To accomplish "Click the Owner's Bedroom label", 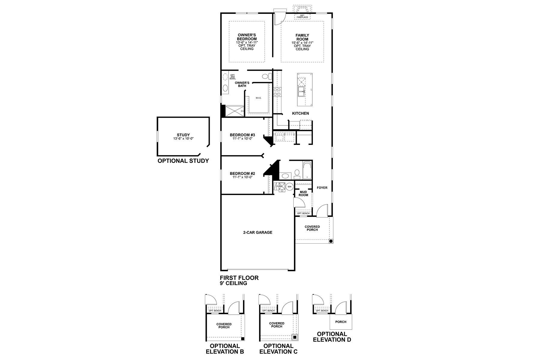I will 247,37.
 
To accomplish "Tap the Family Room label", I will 302,37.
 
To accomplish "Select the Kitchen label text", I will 301,113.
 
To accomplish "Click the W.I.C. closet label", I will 259,98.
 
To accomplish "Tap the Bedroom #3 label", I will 242,135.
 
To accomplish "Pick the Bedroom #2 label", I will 242,173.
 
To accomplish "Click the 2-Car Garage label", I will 258,232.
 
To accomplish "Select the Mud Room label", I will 303,193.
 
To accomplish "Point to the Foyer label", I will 322,188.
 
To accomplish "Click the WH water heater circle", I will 289,187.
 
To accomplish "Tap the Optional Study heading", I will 183,161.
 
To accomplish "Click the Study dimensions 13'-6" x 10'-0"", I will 183,139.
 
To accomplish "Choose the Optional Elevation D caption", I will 332,337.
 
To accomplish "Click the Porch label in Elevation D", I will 341,322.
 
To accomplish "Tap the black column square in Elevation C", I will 295,337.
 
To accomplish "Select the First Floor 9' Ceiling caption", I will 239,280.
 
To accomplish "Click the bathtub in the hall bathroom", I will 307,170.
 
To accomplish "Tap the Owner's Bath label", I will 242,84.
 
